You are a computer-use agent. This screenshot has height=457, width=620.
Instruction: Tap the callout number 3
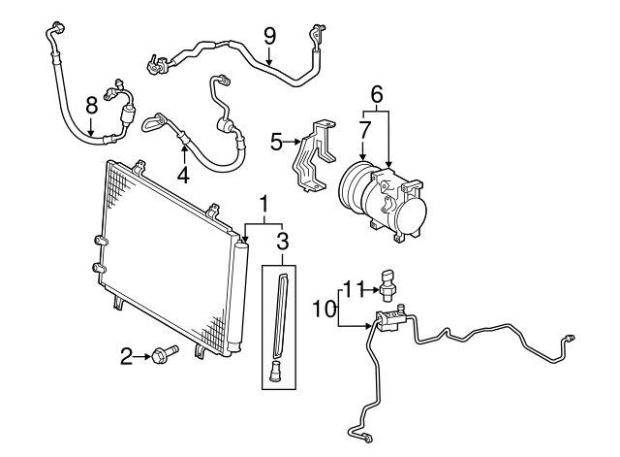point(282,240)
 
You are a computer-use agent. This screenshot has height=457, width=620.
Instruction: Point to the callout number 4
point(182,176)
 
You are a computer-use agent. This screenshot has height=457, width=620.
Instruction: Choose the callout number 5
point(275,144)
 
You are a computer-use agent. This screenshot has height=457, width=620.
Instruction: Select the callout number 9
point(269,36)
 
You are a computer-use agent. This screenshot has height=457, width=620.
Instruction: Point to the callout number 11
point(354,289)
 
